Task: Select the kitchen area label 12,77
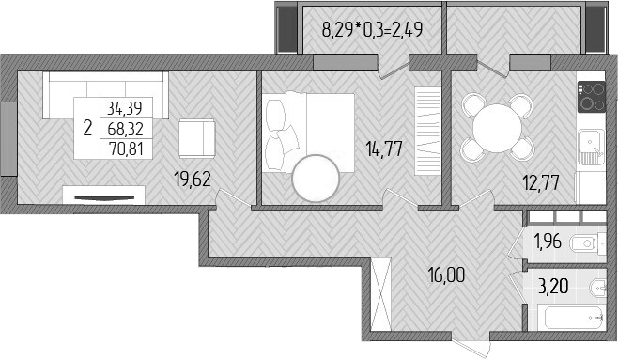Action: [541, 184]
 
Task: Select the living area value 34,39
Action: [126, 108]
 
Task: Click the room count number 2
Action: [87, 128]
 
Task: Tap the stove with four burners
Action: [592, 96]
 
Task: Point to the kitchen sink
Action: [589, 141]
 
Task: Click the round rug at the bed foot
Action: [317, 177]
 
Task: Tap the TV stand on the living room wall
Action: [104, 195]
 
